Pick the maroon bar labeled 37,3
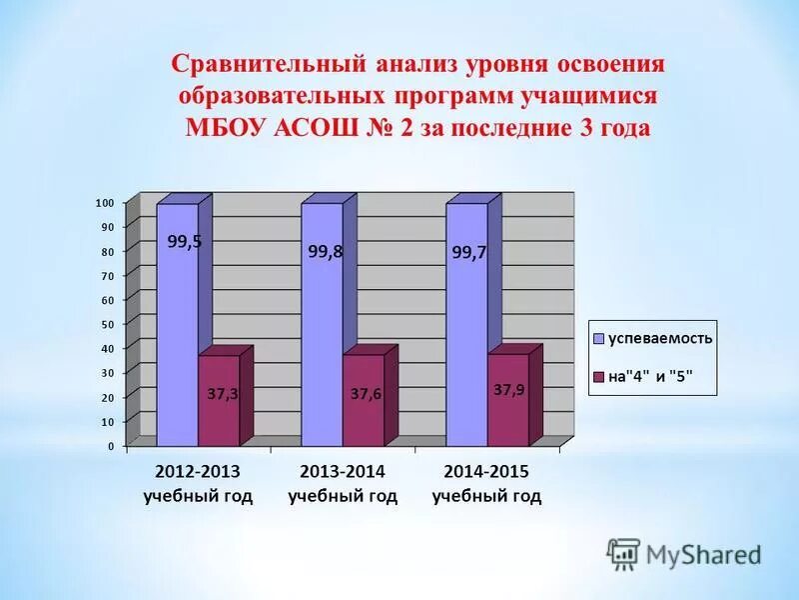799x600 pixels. [219, 400]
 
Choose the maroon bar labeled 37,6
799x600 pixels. [364, 400]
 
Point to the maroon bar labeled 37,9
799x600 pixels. [507, 400]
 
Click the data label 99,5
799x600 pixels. [184, 241]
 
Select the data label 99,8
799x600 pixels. [326, 252]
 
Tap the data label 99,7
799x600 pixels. [468, 253]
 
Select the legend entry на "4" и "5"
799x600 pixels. [649, 376]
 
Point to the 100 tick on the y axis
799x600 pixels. [105, 203]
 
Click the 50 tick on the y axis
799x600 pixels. [108, 324]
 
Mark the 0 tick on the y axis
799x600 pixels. [111, 446]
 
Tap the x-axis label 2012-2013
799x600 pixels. [198, 471]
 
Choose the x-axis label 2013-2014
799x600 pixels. [343, 471]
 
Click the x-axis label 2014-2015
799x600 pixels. [486, 471]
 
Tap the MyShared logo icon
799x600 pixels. [624, 553]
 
